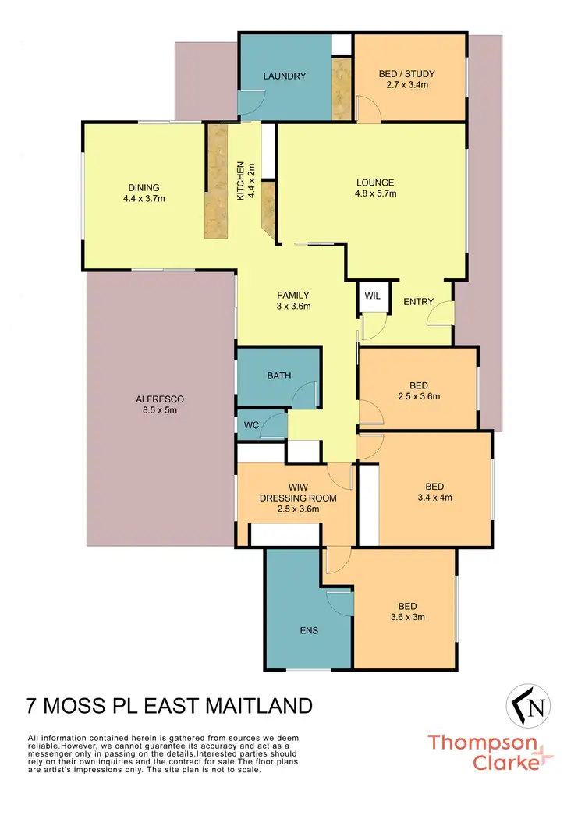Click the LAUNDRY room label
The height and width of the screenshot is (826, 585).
[x=284, y=76]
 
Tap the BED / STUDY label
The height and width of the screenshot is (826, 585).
[x=406, y=74]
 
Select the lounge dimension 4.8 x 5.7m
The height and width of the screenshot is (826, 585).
[x=377, y=193]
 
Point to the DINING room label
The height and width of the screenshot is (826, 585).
[x=144, y=187]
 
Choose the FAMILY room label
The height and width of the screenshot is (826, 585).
[x=293, y=295]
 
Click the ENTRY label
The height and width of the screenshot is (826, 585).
[x=418, y=302]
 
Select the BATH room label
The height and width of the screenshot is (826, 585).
[x=278, y=375]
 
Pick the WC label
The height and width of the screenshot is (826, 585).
[x=250, y=425]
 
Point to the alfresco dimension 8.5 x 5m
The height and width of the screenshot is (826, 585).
[x=159, y=409]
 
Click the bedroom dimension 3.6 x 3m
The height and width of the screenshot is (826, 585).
[x=406, y=617]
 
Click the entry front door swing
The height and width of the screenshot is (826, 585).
[x=443, y=314]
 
